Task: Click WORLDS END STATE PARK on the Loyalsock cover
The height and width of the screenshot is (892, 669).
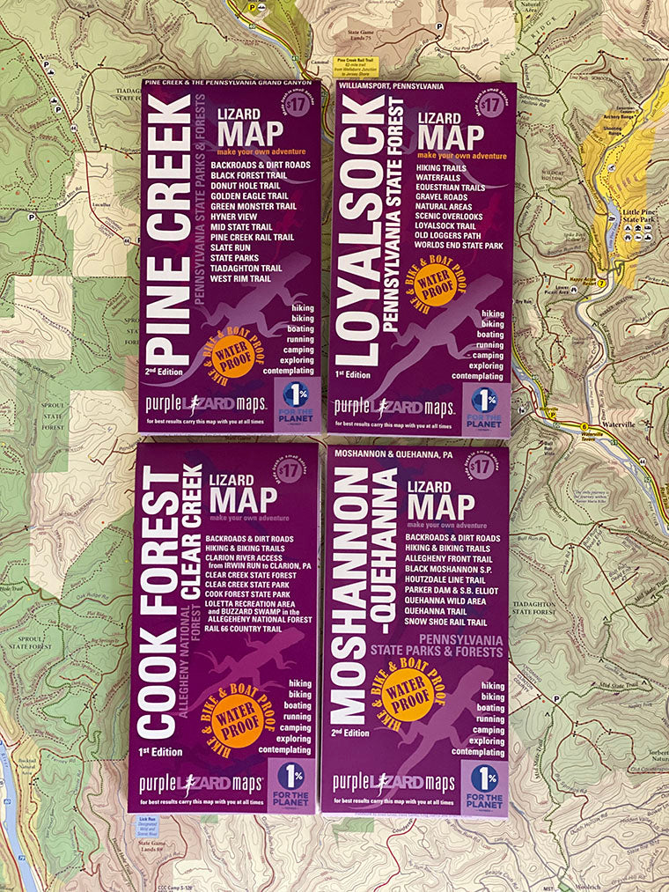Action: (460, 245)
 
